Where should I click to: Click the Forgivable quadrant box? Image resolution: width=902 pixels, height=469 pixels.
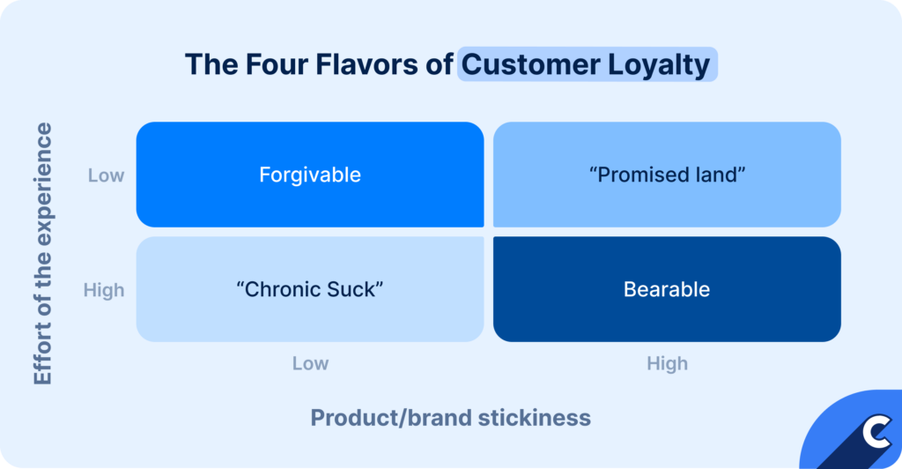click(x=309, y=175)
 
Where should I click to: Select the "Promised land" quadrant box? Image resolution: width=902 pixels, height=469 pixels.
click(x=667, y=175)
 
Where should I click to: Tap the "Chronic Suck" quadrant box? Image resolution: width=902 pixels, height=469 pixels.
click(x=309, y=289)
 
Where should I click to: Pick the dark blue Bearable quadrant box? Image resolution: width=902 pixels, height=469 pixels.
click(x=667, y=289)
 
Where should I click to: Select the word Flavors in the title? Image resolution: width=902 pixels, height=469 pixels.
click(x=366, y=65)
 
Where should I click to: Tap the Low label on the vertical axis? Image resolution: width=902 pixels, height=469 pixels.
click(x=106, y=175)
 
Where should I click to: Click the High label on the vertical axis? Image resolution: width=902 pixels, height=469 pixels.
click(x=104, y=290)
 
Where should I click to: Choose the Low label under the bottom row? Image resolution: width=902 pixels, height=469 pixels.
click(x=310, y=363)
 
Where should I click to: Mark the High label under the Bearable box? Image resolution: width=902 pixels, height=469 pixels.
click(x=667, y=363)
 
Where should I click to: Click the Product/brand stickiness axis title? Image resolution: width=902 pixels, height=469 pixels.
click(x=450, y=417)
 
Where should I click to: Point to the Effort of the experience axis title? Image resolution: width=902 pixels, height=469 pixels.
click(x=43, y=254)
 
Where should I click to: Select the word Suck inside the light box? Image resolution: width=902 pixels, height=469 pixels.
click(x=355, y=289)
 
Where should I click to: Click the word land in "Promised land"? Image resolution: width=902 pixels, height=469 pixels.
click(x=719, y=175)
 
